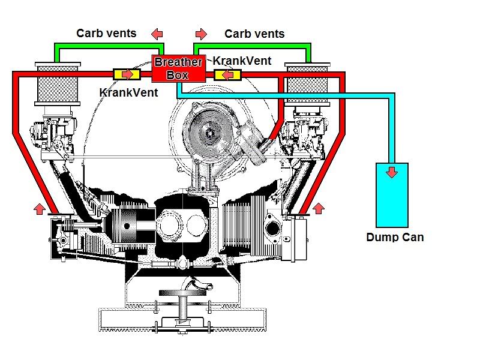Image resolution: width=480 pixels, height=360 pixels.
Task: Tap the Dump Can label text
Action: click(395, 237)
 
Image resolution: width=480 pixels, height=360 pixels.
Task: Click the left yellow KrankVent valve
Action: click(127, 74)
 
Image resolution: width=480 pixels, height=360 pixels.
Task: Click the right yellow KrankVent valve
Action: click(228, 74)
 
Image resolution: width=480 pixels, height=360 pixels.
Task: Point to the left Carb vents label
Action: click(106, 34)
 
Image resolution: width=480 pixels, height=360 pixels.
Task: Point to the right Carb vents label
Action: click(254, 34)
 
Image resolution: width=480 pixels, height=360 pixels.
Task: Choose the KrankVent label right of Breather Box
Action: click(242, 61)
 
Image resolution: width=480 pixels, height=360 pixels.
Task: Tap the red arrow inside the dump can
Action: click(391, 173)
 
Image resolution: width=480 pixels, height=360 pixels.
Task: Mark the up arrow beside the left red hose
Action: click(39, 208)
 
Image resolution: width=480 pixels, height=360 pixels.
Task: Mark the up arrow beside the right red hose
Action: click(319, 208)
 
